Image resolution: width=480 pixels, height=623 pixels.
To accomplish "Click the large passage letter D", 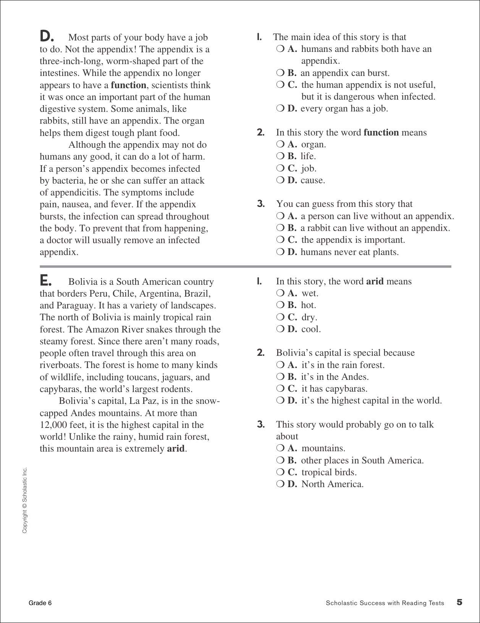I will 47,36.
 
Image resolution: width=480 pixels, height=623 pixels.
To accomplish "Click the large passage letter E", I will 45,281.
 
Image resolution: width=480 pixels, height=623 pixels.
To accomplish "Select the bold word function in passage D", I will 128,85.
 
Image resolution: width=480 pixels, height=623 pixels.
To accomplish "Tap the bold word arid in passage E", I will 176,449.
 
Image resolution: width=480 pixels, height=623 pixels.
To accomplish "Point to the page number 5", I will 459,602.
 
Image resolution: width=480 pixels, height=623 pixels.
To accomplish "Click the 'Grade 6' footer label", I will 40,603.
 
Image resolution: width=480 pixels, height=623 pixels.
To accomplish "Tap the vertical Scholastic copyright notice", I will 25,500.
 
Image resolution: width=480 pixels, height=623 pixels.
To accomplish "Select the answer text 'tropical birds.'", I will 329,472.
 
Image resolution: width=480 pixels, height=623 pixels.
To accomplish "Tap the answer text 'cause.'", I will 313,180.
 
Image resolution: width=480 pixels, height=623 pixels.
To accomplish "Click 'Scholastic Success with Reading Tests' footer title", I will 385,603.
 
